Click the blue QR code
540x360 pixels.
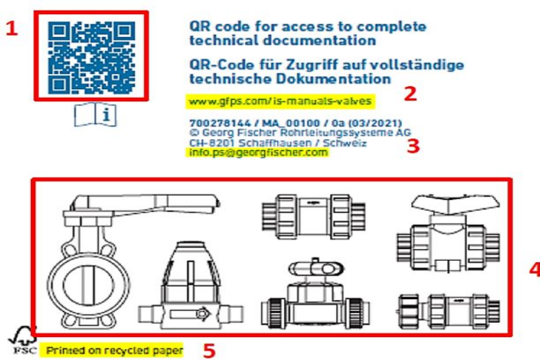pyautogui.click(x=91, y=57)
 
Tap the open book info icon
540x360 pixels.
pyautogui.click(x=95, y=114)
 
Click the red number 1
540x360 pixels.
pyautogui.click(x=11, y=28)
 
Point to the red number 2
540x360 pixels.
pyautogui.click(x=410, y=94)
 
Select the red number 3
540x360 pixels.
pyautogui.click(x=413, y=146)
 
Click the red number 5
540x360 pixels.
pyautogui.click(x=209, y=351)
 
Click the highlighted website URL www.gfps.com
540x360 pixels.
pyautogui.click(x=280, y=101)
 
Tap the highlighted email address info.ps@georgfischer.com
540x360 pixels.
pyautogui.click(x=259, y=152)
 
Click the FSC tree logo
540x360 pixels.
pyautogui.click(x=23, y=340)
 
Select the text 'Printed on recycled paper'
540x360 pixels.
pyautogui.click(x=114, y=351)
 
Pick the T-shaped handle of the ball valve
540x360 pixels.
pyautogui.click(x=455, y=203)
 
